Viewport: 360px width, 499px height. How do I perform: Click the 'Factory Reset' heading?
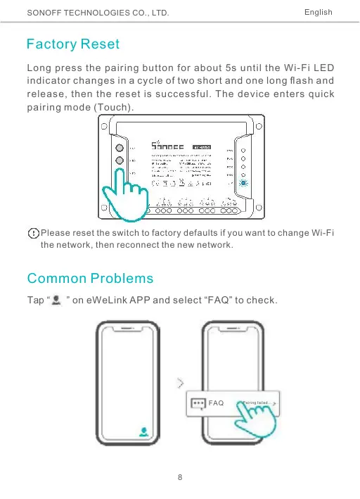(72, 44)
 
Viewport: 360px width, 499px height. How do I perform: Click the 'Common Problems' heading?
(89, 279)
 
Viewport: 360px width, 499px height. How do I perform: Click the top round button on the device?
(120, 149)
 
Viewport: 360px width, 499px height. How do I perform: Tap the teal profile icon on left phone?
(144, 432)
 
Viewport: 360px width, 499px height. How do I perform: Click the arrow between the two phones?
(182, 383)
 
